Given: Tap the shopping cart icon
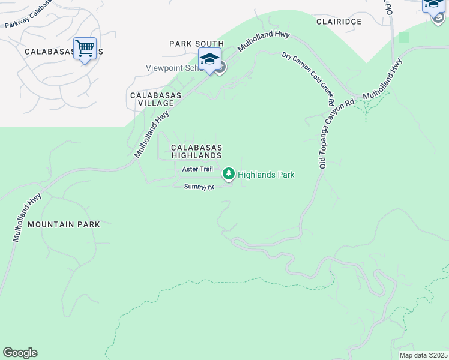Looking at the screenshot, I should click(85, 47).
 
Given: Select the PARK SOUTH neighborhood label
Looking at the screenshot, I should click(196, 44).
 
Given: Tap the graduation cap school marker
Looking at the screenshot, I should click(209, 59).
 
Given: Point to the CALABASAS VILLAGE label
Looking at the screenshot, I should click(152, 99).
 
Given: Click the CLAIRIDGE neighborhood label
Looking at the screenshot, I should click(339, 21).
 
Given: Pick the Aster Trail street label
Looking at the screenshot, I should click(197, 170).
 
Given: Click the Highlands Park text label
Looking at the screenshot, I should click(266, 175).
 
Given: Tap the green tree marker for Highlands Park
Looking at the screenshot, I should click(228, 174).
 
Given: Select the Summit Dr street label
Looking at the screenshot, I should click(199, 187).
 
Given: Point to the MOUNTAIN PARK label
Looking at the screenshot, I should click(63, 224).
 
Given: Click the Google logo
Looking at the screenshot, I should click(20, 353).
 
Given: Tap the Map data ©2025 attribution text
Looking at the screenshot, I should click(423, 355).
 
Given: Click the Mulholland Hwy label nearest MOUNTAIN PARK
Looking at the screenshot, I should click(27, 217).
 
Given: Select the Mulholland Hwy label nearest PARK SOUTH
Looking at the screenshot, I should click(264, 41).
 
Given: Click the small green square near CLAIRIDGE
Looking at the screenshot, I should click(403, 37).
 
